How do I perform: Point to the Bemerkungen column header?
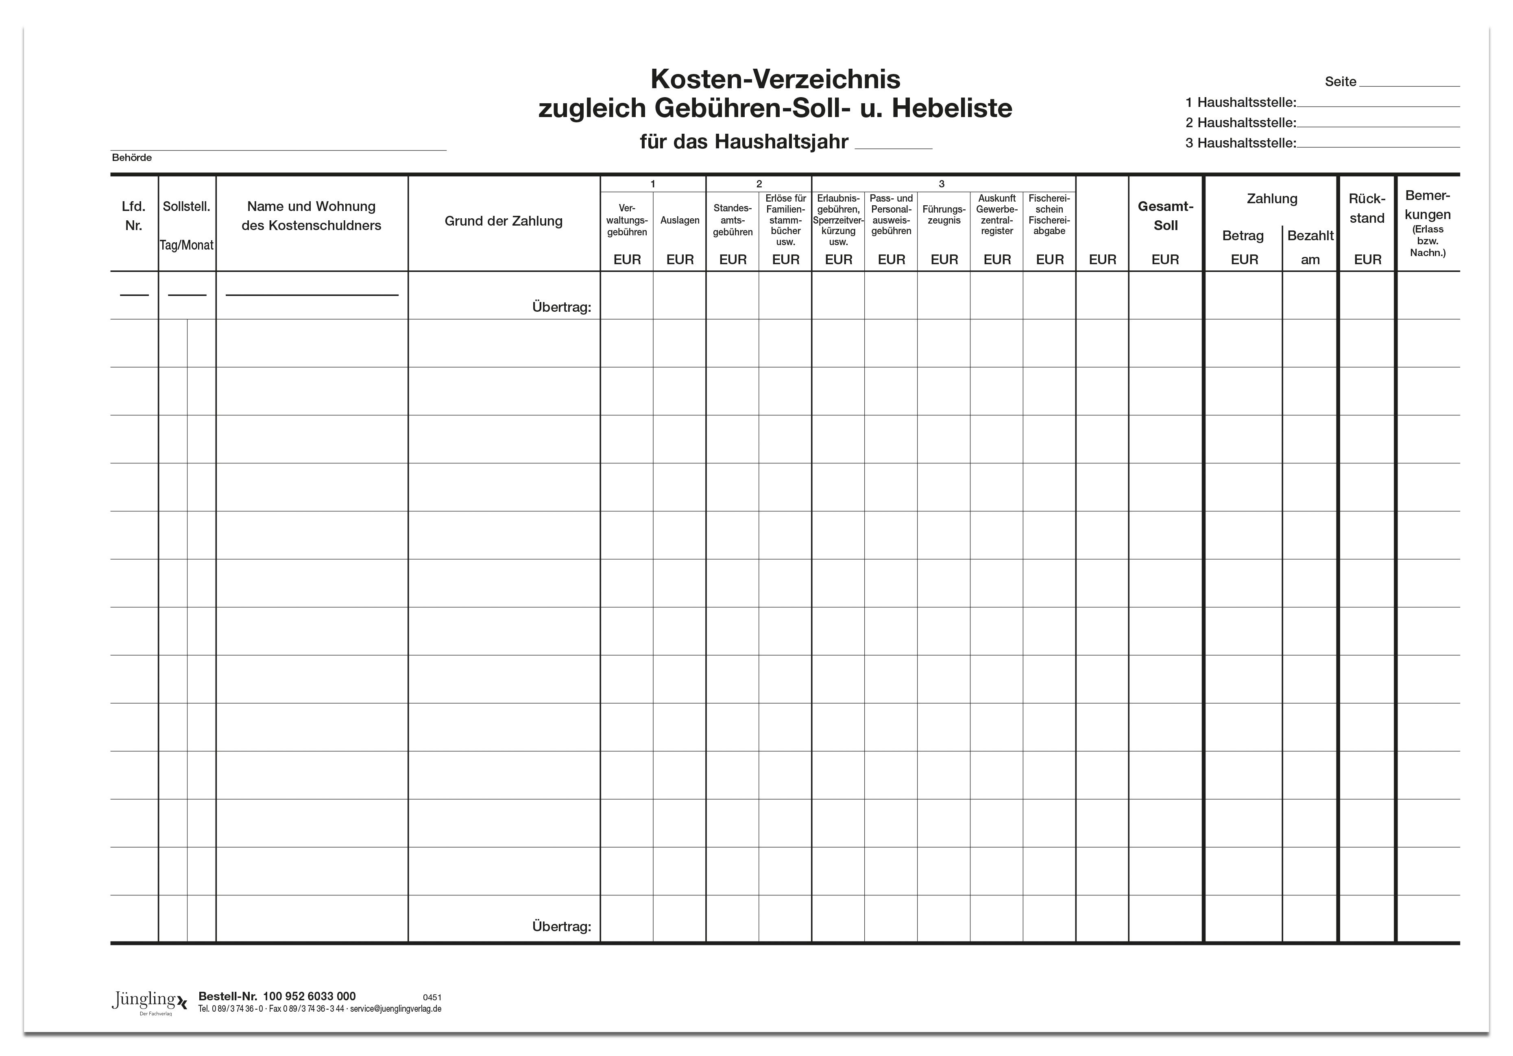[1427, 205]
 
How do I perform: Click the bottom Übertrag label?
[561, 927]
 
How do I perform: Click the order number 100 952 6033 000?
[309, 997]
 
